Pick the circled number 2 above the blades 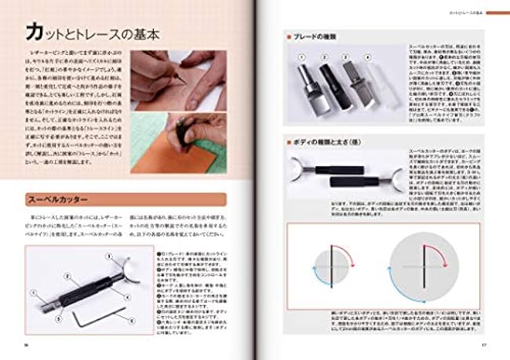tap(322, 57)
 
